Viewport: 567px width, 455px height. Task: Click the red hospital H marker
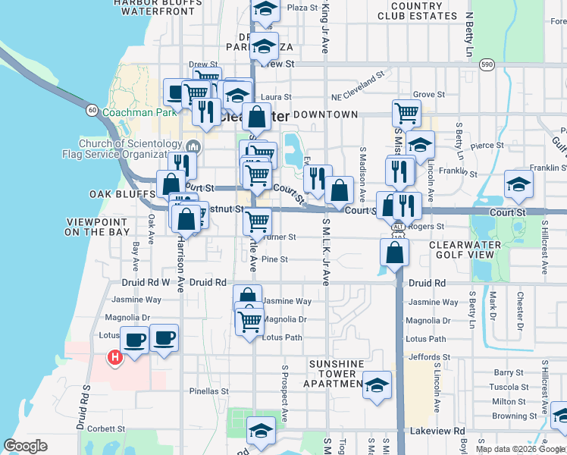pyautogui.click(x=115, y=356)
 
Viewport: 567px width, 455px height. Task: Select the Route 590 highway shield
pyautogui.click(x=487, y=65)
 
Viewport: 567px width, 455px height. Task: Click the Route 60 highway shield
pyautogui.click(x=91, y=110)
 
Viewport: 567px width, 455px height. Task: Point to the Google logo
pyautogui.click(x=26, y=446)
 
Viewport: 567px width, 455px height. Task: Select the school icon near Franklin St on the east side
pyautogui.click(x=518, y=183)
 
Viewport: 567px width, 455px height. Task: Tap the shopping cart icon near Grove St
pyautogui.click(x=406, y=113)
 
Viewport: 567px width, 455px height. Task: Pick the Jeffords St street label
pyautogui.click(x=428, y=357)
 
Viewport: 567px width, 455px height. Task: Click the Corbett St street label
pyautogui.click(x=105, y=428)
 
